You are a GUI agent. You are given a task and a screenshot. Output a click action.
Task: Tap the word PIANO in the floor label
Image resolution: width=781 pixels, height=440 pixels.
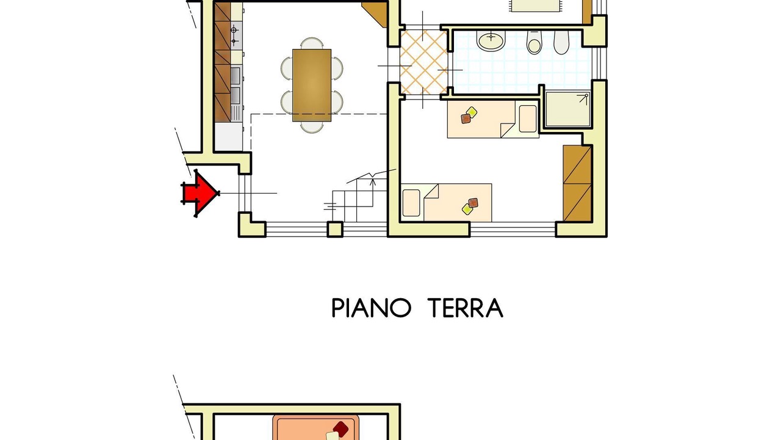pos(371,307)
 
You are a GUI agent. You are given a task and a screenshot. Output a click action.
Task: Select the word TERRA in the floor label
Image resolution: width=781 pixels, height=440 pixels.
pos(465,307)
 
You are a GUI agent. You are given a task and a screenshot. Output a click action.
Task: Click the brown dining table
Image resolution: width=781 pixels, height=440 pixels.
pos(312,85)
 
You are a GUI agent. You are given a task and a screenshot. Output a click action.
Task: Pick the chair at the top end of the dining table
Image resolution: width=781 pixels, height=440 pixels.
pos(312,43)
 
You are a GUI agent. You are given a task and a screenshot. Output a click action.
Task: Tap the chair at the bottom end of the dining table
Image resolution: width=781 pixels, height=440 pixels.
pos(312,127)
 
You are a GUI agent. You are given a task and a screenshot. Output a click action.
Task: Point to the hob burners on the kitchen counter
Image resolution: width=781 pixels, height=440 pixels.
pos(236,35)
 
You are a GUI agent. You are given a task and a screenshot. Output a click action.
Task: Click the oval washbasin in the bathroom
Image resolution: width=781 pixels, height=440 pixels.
pos(491,40)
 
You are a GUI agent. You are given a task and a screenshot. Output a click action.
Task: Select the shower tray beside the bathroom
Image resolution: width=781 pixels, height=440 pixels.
pos(567,109)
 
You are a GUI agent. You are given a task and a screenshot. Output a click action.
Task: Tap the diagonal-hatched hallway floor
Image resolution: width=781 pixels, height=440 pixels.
pos(424,62)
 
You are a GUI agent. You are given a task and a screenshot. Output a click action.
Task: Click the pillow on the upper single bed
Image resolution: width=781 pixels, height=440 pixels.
pos(528,119)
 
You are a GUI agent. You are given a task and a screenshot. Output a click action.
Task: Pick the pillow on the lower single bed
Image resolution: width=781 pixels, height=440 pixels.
pos(411,203)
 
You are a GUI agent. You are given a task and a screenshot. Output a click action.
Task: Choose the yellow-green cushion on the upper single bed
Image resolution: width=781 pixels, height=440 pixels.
pos(472,112)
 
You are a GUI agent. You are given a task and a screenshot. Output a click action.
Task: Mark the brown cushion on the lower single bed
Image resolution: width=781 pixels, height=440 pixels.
pos(473,203)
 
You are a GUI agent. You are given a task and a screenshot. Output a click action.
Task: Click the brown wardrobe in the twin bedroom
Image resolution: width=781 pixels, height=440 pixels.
pos(577,183)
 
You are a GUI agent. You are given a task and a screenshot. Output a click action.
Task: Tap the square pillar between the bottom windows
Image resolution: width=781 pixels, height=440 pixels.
pos(335,229)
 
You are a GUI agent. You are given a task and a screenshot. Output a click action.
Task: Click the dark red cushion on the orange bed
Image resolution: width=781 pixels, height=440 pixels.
pos(340,429)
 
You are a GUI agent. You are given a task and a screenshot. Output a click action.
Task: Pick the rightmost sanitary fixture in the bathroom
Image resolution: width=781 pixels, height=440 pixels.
pos(561,43)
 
